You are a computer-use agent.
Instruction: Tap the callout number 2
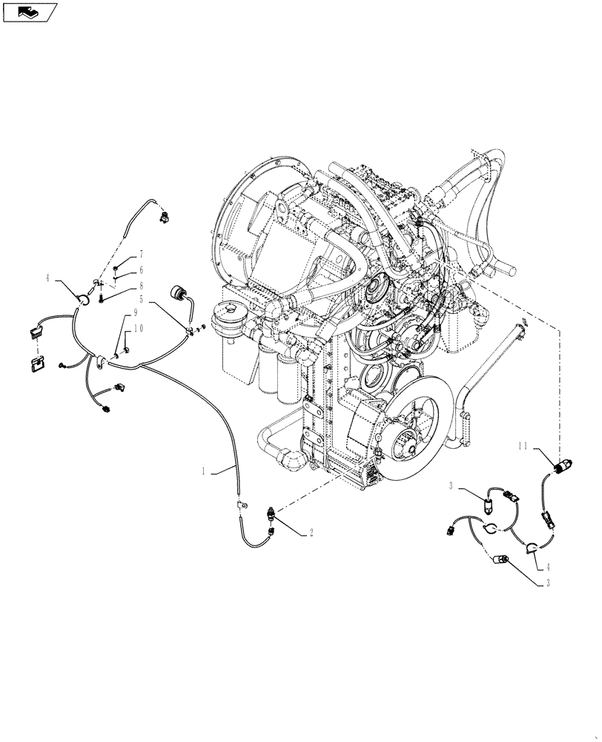312,532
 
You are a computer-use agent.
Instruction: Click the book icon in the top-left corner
29,11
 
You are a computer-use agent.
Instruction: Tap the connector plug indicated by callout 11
563,466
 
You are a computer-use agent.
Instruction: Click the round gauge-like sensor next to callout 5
179,292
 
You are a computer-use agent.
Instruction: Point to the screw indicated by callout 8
101,299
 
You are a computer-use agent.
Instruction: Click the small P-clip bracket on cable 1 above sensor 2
239,505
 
